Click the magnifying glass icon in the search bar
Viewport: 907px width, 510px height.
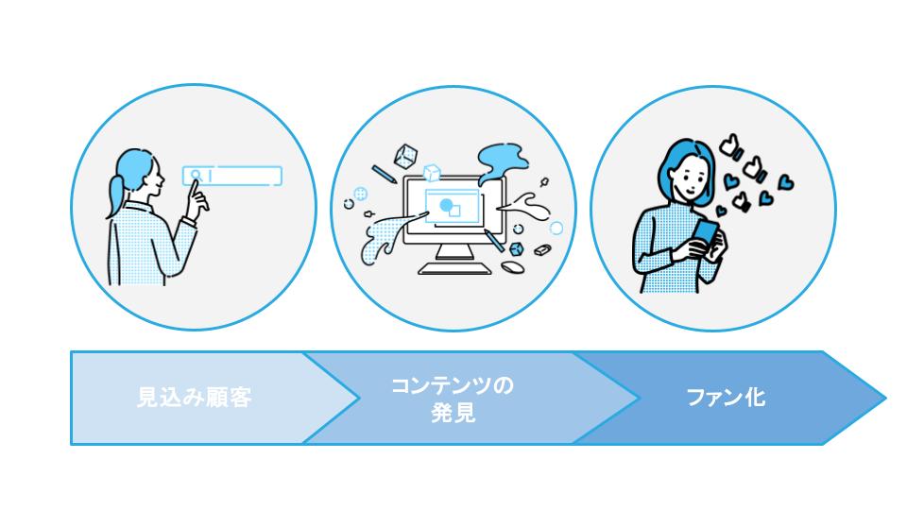(x=195, y=175)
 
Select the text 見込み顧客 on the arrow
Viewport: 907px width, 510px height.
(x=195, y=398)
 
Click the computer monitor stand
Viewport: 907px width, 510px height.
(x=457, y=253)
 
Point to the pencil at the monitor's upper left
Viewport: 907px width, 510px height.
(x=384, y=174)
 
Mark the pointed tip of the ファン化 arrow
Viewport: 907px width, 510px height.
(x=885, y=398)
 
